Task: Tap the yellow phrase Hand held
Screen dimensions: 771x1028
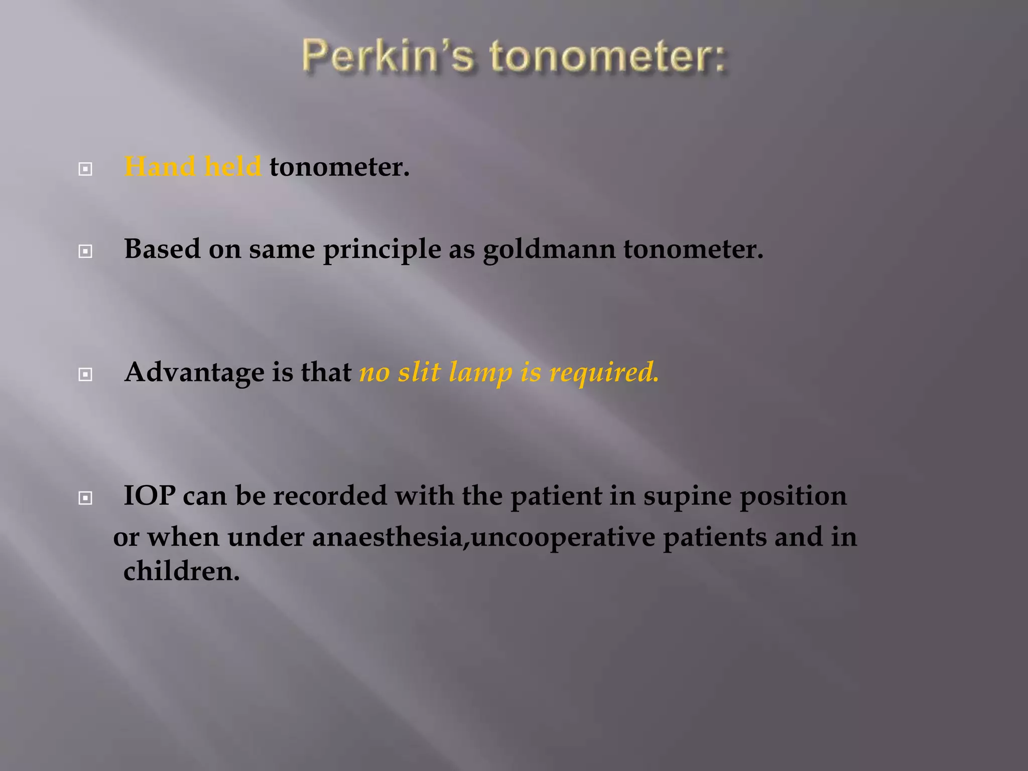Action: tap(193, 166)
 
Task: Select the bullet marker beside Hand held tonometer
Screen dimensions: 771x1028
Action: tap(85, 169)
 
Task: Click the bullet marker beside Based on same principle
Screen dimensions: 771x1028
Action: tap(85, 251)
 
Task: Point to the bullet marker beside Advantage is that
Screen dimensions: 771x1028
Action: tap(85, 374)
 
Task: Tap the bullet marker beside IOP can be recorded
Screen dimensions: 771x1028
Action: tap(85, 498)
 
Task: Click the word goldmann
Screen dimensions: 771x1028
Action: tap(549, 249)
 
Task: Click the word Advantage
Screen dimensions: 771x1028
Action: tap(194, 372)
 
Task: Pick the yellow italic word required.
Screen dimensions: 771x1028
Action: tap(604, 372)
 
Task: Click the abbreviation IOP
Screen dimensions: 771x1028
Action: tap(150, 496)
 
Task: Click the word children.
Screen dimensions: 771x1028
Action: tap(181, 571)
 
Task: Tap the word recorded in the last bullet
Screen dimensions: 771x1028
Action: tap(330, 496)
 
